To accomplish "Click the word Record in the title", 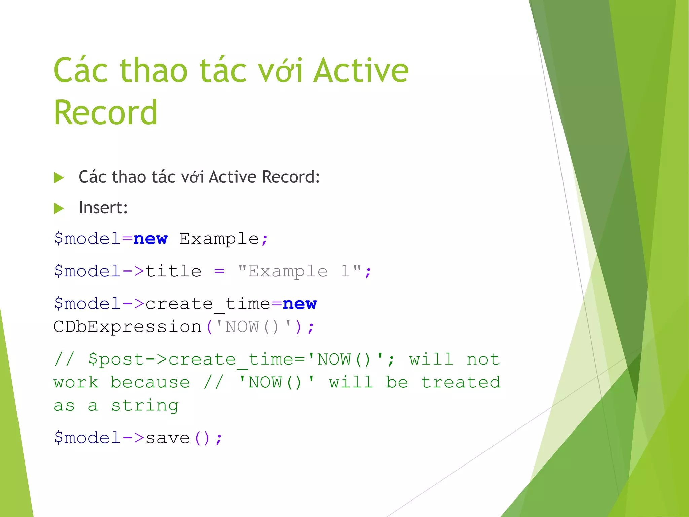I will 105,112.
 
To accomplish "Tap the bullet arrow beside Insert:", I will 59,208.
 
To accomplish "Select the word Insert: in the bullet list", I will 103,208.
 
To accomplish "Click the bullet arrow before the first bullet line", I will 59,178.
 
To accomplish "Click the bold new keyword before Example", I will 150,239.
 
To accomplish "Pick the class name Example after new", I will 219,239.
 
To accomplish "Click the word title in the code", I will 173,271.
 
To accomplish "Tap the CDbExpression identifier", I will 127,327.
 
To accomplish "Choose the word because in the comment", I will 150,383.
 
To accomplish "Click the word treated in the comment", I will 461,383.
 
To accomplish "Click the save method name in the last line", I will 168,438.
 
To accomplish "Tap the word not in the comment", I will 483,359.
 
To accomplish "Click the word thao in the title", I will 154,70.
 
